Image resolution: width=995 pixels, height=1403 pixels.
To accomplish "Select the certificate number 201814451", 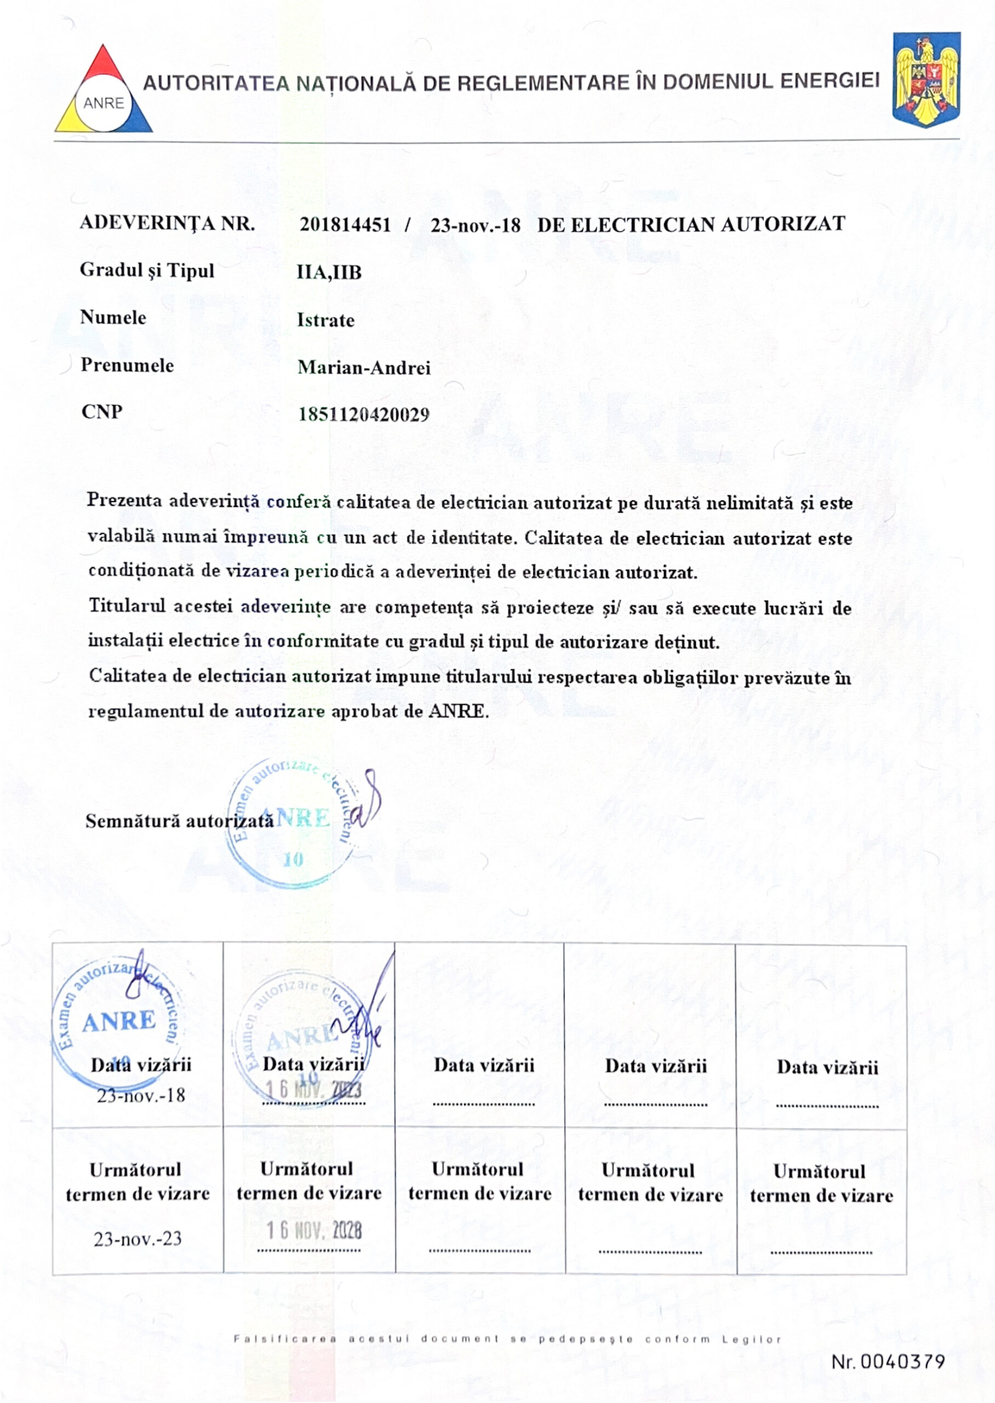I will click(345, 225).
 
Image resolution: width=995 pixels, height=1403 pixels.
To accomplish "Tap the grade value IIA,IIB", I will click(329, 272).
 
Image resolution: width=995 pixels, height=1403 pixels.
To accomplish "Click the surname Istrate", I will click(325, 320).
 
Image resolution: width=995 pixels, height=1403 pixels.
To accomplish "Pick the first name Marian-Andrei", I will click(364, 368).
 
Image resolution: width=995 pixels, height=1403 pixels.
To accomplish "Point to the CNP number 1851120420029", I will click(364, 415).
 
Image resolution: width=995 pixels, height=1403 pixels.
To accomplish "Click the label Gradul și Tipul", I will click(147, 270).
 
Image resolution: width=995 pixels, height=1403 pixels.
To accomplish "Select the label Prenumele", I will click(128, 365).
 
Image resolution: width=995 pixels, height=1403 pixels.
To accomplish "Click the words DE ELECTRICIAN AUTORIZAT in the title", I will click(691, 224).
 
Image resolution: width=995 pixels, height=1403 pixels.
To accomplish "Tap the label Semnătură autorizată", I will click(180, 820).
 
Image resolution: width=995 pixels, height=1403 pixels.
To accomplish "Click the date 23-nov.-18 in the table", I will click(141, 1095).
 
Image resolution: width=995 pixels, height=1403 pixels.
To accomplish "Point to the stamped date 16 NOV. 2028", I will click(314, 1230).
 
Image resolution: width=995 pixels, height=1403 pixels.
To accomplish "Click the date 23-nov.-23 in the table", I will click(138, 1238).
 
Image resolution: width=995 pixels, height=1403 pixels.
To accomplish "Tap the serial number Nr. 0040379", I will click(888, 1361).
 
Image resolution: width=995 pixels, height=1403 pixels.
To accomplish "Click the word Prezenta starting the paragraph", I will click(124, 500).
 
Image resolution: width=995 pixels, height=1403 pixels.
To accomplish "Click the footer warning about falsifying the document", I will click(507, 1339).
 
